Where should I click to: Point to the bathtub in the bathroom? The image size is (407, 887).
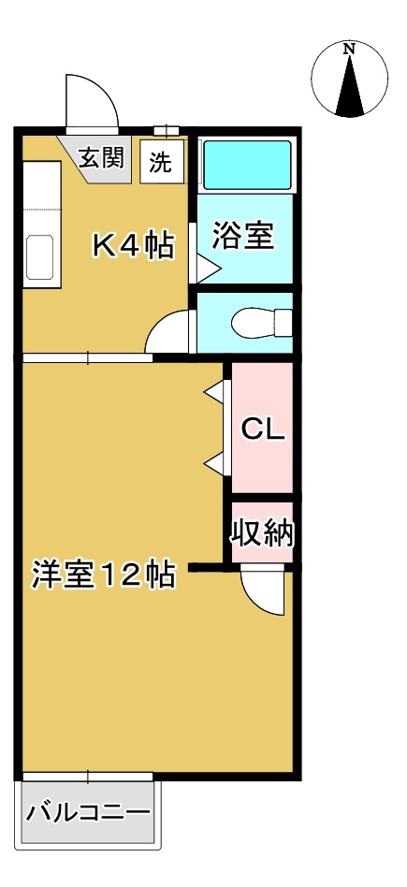click(247, 165)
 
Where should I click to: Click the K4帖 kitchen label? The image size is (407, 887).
click(132, 245)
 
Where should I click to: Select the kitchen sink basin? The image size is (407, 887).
click(41, 254)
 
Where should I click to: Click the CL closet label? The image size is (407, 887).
click(263, 429)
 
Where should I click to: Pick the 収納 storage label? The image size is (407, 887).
click(263, 534)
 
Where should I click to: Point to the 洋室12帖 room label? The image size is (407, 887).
click(104, 573)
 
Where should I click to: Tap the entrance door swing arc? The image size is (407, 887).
click(91, 101)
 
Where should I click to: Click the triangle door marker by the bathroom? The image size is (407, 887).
click(206, 269)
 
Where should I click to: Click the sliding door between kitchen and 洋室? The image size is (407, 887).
click(87, 357)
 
